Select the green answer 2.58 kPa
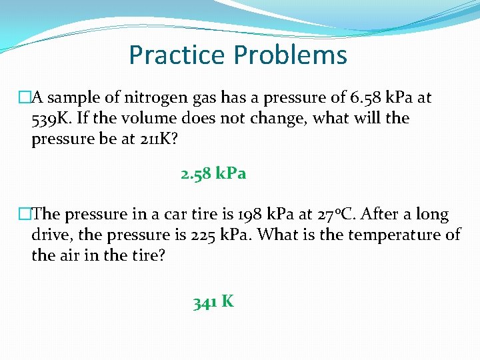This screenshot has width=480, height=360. coord(213,174)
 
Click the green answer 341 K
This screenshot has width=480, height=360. coord(213,302)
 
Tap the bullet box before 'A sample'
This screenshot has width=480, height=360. coord(25,98)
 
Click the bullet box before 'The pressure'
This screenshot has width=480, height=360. coord(25,215)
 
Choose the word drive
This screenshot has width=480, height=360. coord(50,235)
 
